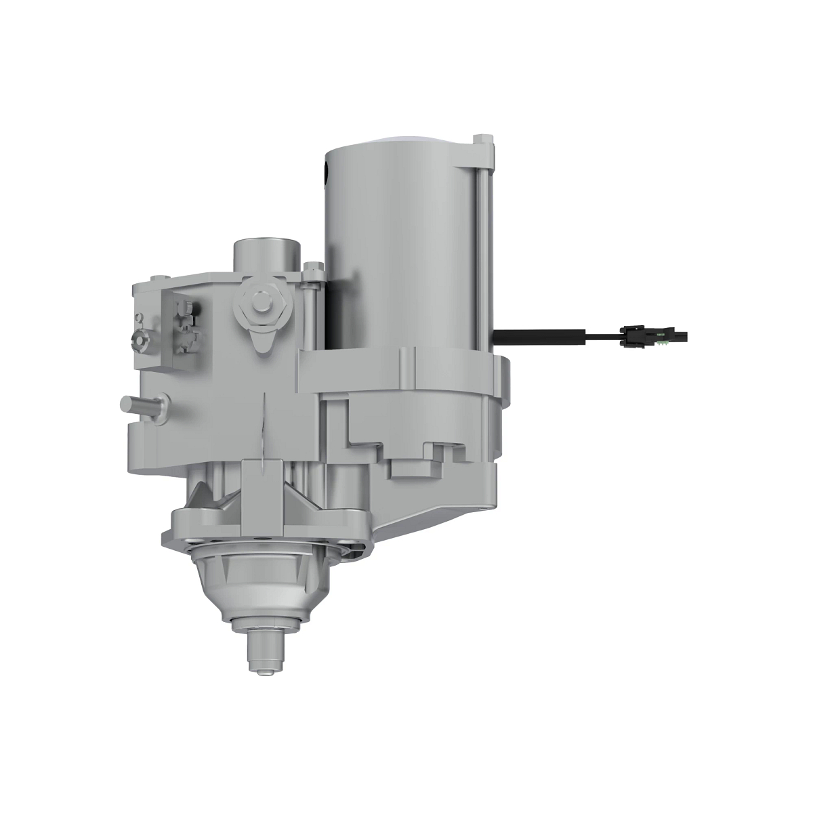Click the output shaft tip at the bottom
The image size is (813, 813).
coord(264,661)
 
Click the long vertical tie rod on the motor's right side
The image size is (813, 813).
coord(482,257)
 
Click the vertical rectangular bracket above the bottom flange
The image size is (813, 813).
coord(260,484)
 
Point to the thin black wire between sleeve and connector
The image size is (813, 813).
coord(603,334)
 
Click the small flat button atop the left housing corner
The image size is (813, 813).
coord(159,278)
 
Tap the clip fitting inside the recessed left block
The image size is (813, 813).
coord(186,329)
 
